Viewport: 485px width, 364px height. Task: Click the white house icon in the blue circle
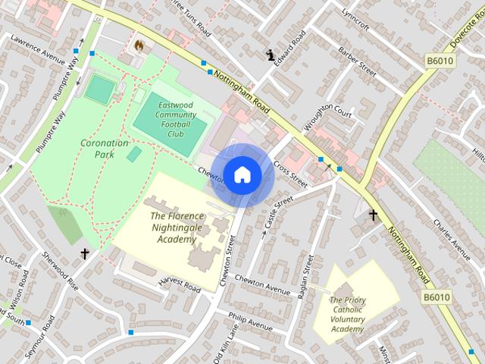tap(242, 175)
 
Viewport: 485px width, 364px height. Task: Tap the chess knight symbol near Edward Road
tap(271, 54)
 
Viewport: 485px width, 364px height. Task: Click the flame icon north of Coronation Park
tap(139, 45)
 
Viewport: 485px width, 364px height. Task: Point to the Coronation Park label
tap(105, 148)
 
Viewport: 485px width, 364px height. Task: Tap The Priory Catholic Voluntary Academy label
tap(348, 314)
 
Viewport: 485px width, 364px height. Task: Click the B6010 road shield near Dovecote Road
tap(440, 61)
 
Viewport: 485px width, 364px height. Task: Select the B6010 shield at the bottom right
tap(436, 297)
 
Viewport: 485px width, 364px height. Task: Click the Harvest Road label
tap(180, 285)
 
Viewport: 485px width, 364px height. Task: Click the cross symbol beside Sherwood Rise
tap(85, 253)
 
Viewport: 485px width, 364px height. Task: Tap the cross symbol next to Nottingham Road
tap(373, 215)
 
